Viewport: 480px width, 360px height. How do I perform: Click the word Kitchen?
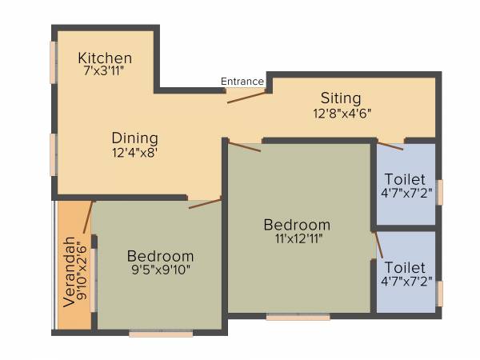tap(105, 58)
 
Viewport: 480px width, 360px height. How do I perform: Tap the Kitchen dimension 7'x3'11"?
tap(105, 71)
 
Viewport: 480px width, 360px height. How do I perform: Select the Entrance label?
tap(242, 81)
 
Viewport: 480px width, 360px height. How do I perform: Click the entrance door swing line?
tap(246, 97)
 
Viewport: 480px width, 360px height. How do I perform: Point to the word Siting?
tap(341, 98)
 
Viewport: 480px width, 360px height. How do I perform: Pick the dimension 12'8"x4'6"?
tap(342, 114)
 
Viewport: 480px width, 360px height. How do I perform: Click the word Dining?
tap(134, 138)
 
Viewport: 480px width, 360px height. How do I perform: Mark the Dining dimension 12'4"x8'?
tap(134, 152)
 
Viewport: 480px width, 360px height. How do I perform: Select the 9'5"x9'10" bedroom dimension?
tap(160, 270)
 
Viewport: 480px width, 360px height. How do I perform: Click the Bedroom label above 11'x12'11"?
tap(297, 224)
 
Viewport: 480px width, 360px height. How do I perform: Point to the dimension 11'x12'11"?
tap(297, 238)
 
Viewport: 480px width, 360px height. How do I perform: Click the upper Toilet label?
tap(405, 178)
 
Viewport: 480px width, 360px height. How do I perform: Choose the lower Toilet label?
tap(405, 266)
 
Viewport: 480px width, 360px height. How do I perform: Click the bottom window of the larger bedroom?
tap(298, 318)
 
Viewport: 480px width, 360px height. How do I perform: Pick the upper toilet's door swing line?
tap(390, 146)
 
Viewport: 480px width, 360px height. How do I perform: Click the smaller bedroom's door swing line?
tap(205, 203)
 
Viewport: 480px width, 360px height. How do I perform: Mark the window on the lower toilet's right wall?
tap(439, 293)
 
